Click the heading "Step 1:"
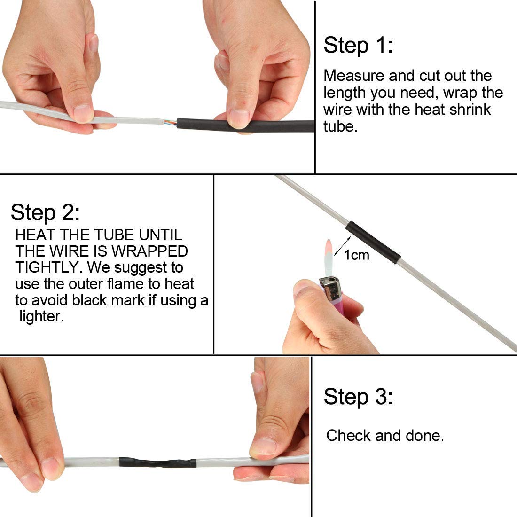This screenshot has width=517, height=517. click(x=358, y=46)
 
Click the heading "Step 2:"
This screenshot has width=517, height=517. click(x=45, y=212)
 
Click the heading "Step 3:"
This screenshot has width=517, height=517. click(x=358, y=397)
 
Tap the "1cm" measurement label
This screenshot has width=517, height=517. click(x=356, y=255)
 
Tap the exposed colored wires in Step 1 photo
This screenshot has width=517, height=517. click(x=171, y=123)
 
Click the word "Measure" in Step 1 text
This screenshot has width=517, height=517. click(x=354, y=76)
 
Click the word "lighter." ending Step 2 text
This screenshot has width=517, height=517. click(x=41, y=316)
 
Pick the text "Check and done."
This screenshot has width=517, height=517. click(x=384, y=435)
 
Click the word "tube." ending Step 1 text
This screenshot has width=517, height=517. click(x=340, y=126)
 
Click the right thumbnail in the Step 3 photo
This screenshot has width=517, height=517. click(x=264, y=446)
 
